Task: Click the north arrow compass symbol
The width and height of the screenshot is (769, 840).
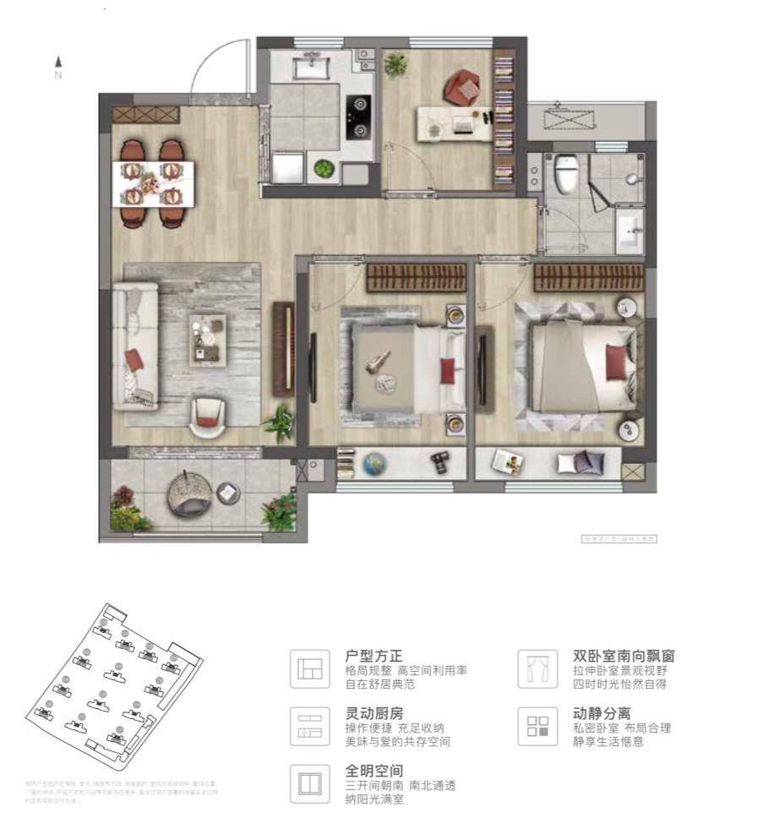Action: click(58, 66)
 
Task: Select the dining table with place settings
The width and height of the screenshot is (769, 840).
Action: click(154, 183)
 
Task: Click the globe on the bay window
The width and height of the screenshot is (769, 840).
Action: click(374, 463)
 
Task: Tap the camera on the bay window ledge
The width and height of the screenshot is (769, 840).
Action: click(439, 461)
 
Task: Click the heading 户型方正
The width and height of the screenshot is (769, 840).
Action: click(374, 656)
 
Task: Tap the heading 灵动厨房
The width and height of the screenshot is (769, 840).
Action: click(374, 713)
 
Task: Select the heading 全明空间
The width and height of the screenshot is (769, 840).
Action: click(374, 771)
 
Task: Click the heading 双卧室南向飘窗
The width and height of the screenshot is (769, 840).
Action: click(624, 656)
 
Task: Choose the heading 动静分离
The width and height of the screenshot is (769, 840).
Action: click(602, 713)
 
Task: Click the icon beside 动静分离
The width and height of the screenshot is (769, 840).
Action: click(537, 726)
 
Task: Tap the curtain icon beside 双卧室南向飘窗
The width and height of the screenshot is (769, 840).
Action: click(537, 668)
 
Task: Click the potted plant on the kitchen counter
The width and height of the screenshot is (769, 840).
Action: click(324, 168)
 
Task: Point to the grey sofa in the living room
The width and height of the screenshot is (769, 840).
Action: click(135, 346)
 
